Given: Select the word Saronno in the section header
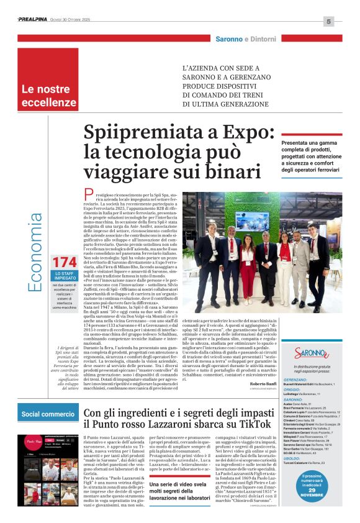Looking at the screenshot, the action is click(229, 39).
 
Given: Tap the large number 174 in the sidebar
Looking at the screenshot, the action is click(65, 262).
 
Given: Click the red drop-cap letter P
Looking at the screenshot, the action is click(89, 195).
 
